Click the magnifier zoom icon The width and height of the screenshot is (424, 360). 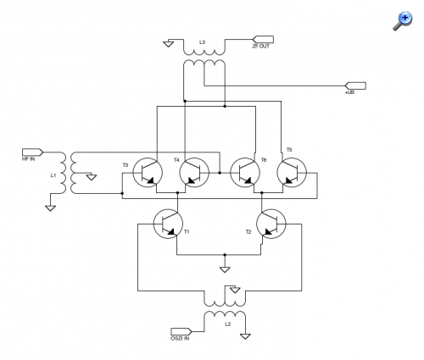click(x=403, y=20)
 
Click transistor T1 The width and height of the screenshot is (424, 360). click(x=168, y=224)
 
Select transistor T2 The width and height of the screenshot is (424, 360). click(x=271, y=224)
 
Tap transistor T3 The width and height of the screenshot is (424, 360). click(x=148, y=173)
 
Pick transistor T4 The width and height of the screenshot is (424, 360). click(x=194, y=173)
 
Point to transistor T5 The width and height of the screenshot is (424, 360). click(x=292, y=173)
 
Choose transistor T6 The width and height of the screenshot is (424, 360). click(x=245, y=173)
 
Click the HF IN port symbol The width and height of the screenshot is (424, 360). click(x=32, y=152)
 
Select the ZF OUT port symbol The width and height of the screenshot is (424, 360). click(x=263, y=39)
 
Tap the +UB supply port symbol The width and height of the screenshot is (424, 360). click(x=355, y=86)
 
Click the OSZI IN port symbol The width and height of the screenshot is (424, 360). click(x=181, y=331)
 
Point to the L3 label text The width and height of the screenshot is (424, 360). click(x=202, y=42)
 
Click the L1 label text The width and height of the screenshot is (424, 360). click(x=53, y=175)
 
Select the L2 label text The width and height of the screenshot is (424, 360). click(x=228, y=324)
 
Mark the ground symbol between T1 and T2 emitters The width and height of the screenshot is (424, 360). click(x=225, y=269)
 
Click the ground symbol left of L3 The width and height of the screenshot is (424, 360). click(x=169, y=44)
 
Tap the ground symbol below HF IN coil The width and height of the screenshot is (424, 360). click(x=50, y=208)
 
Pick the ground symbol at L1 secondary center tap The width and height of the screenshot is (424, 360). click(x=92, y=177)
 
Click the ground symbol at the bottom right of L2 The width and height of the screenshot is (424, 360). click(x=245, y=336)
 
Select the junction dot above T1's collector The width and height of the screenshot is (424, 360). click(x=177, y=193)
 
